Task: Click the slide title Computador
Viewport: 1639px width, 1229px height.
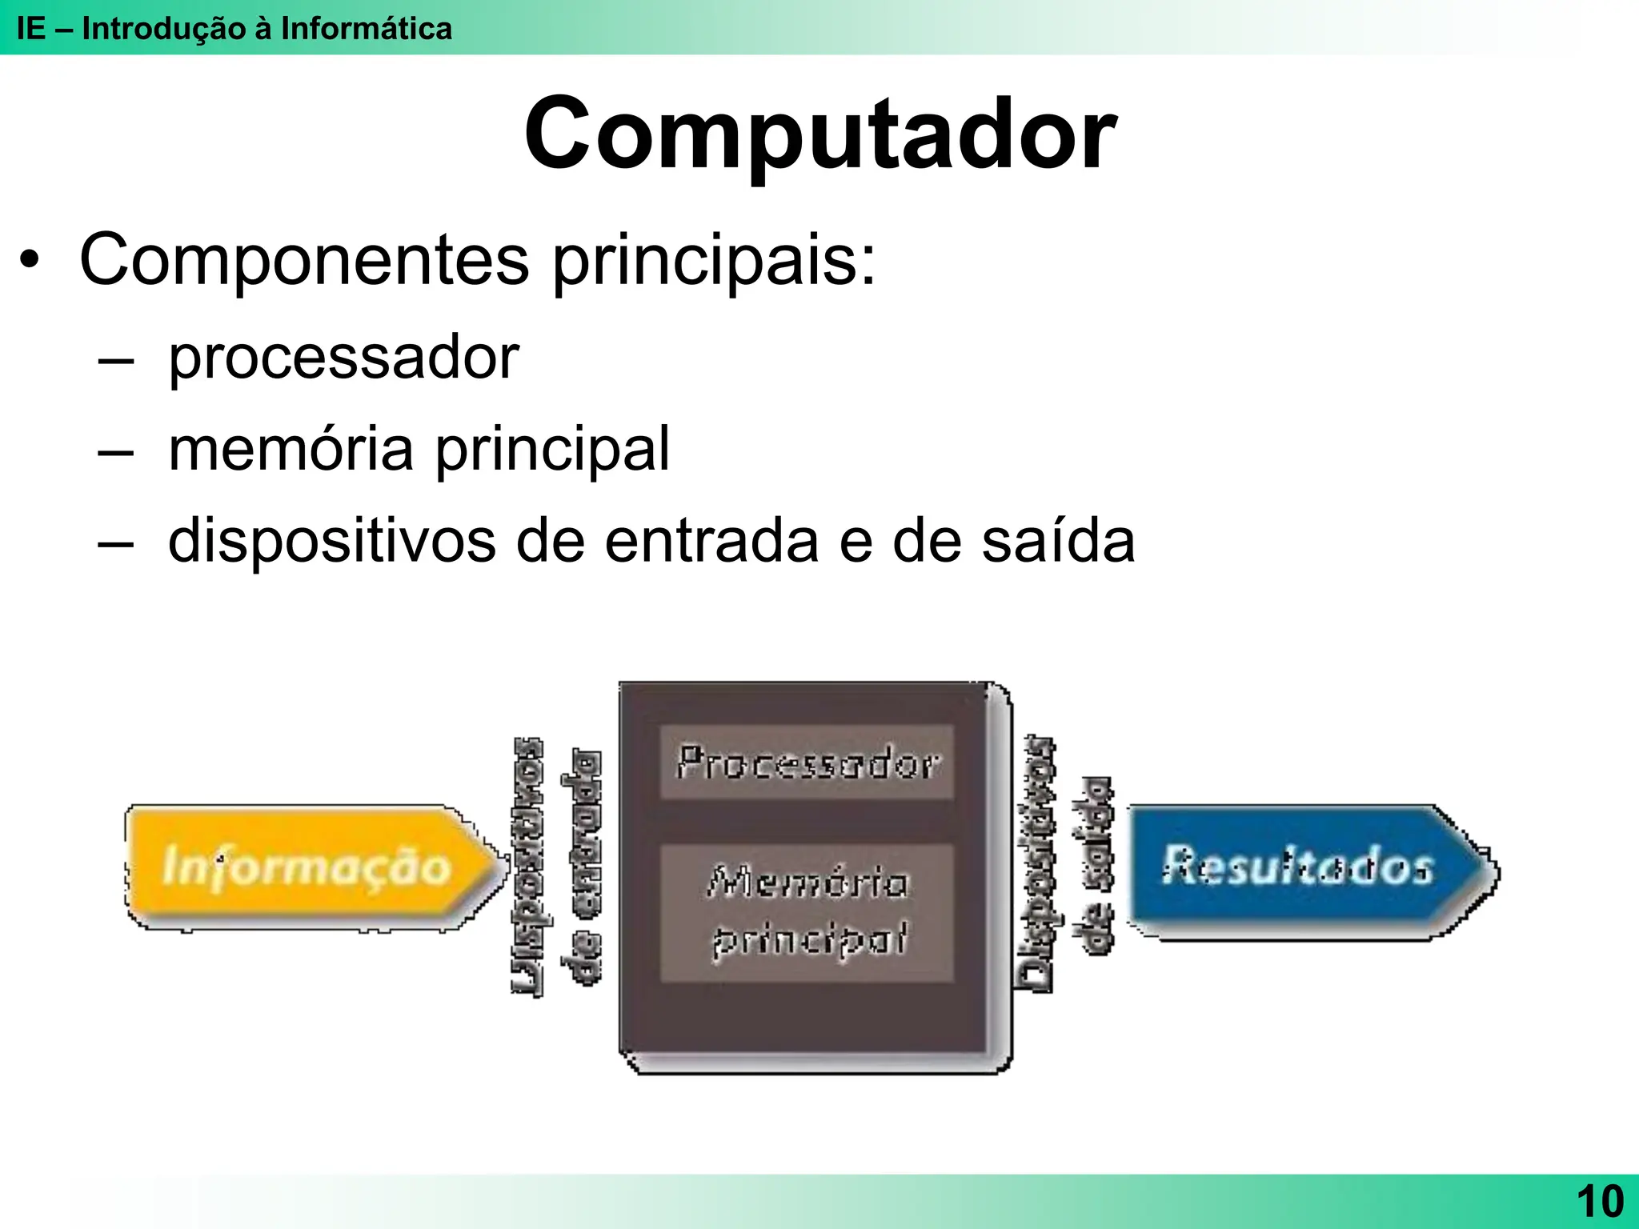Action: (819, 134)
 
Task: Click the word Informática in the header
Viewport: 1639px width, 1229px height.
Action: (366, 29)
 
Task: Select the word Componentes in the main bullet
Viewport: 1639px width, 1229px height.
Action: (304, 260)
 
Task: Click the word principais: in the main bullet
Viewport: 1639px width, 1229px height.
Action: (714, 260)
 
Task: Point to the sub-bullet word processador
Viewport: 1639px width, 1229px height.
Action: (343, 358)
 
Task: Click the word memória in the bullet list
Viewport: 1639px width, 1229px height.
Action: (291, 449)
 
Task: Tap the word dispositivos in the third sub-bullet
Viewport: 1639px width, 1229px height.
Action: (331, 542)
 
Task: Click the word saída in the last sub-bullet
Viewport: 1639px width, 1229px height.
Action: (1058, 542)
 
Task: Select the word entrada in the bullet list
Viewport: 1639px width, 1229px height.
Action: (711, 542)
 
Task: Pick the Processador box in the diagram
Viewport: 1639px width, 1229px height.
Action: (807, 763)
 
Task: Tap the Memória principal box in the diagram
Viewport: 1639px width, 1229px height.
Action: (807, 912)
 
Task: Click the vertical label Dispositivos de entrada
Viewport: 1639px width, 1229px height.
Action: (556, 867)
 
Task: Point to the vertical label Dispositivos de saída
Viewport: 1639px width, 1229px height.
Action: (1068, 864)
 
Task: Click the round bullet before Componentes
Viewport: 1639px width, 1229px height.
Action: (30, 262)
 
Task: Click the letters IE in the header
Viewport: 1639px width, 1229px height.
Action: (30, 29)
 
